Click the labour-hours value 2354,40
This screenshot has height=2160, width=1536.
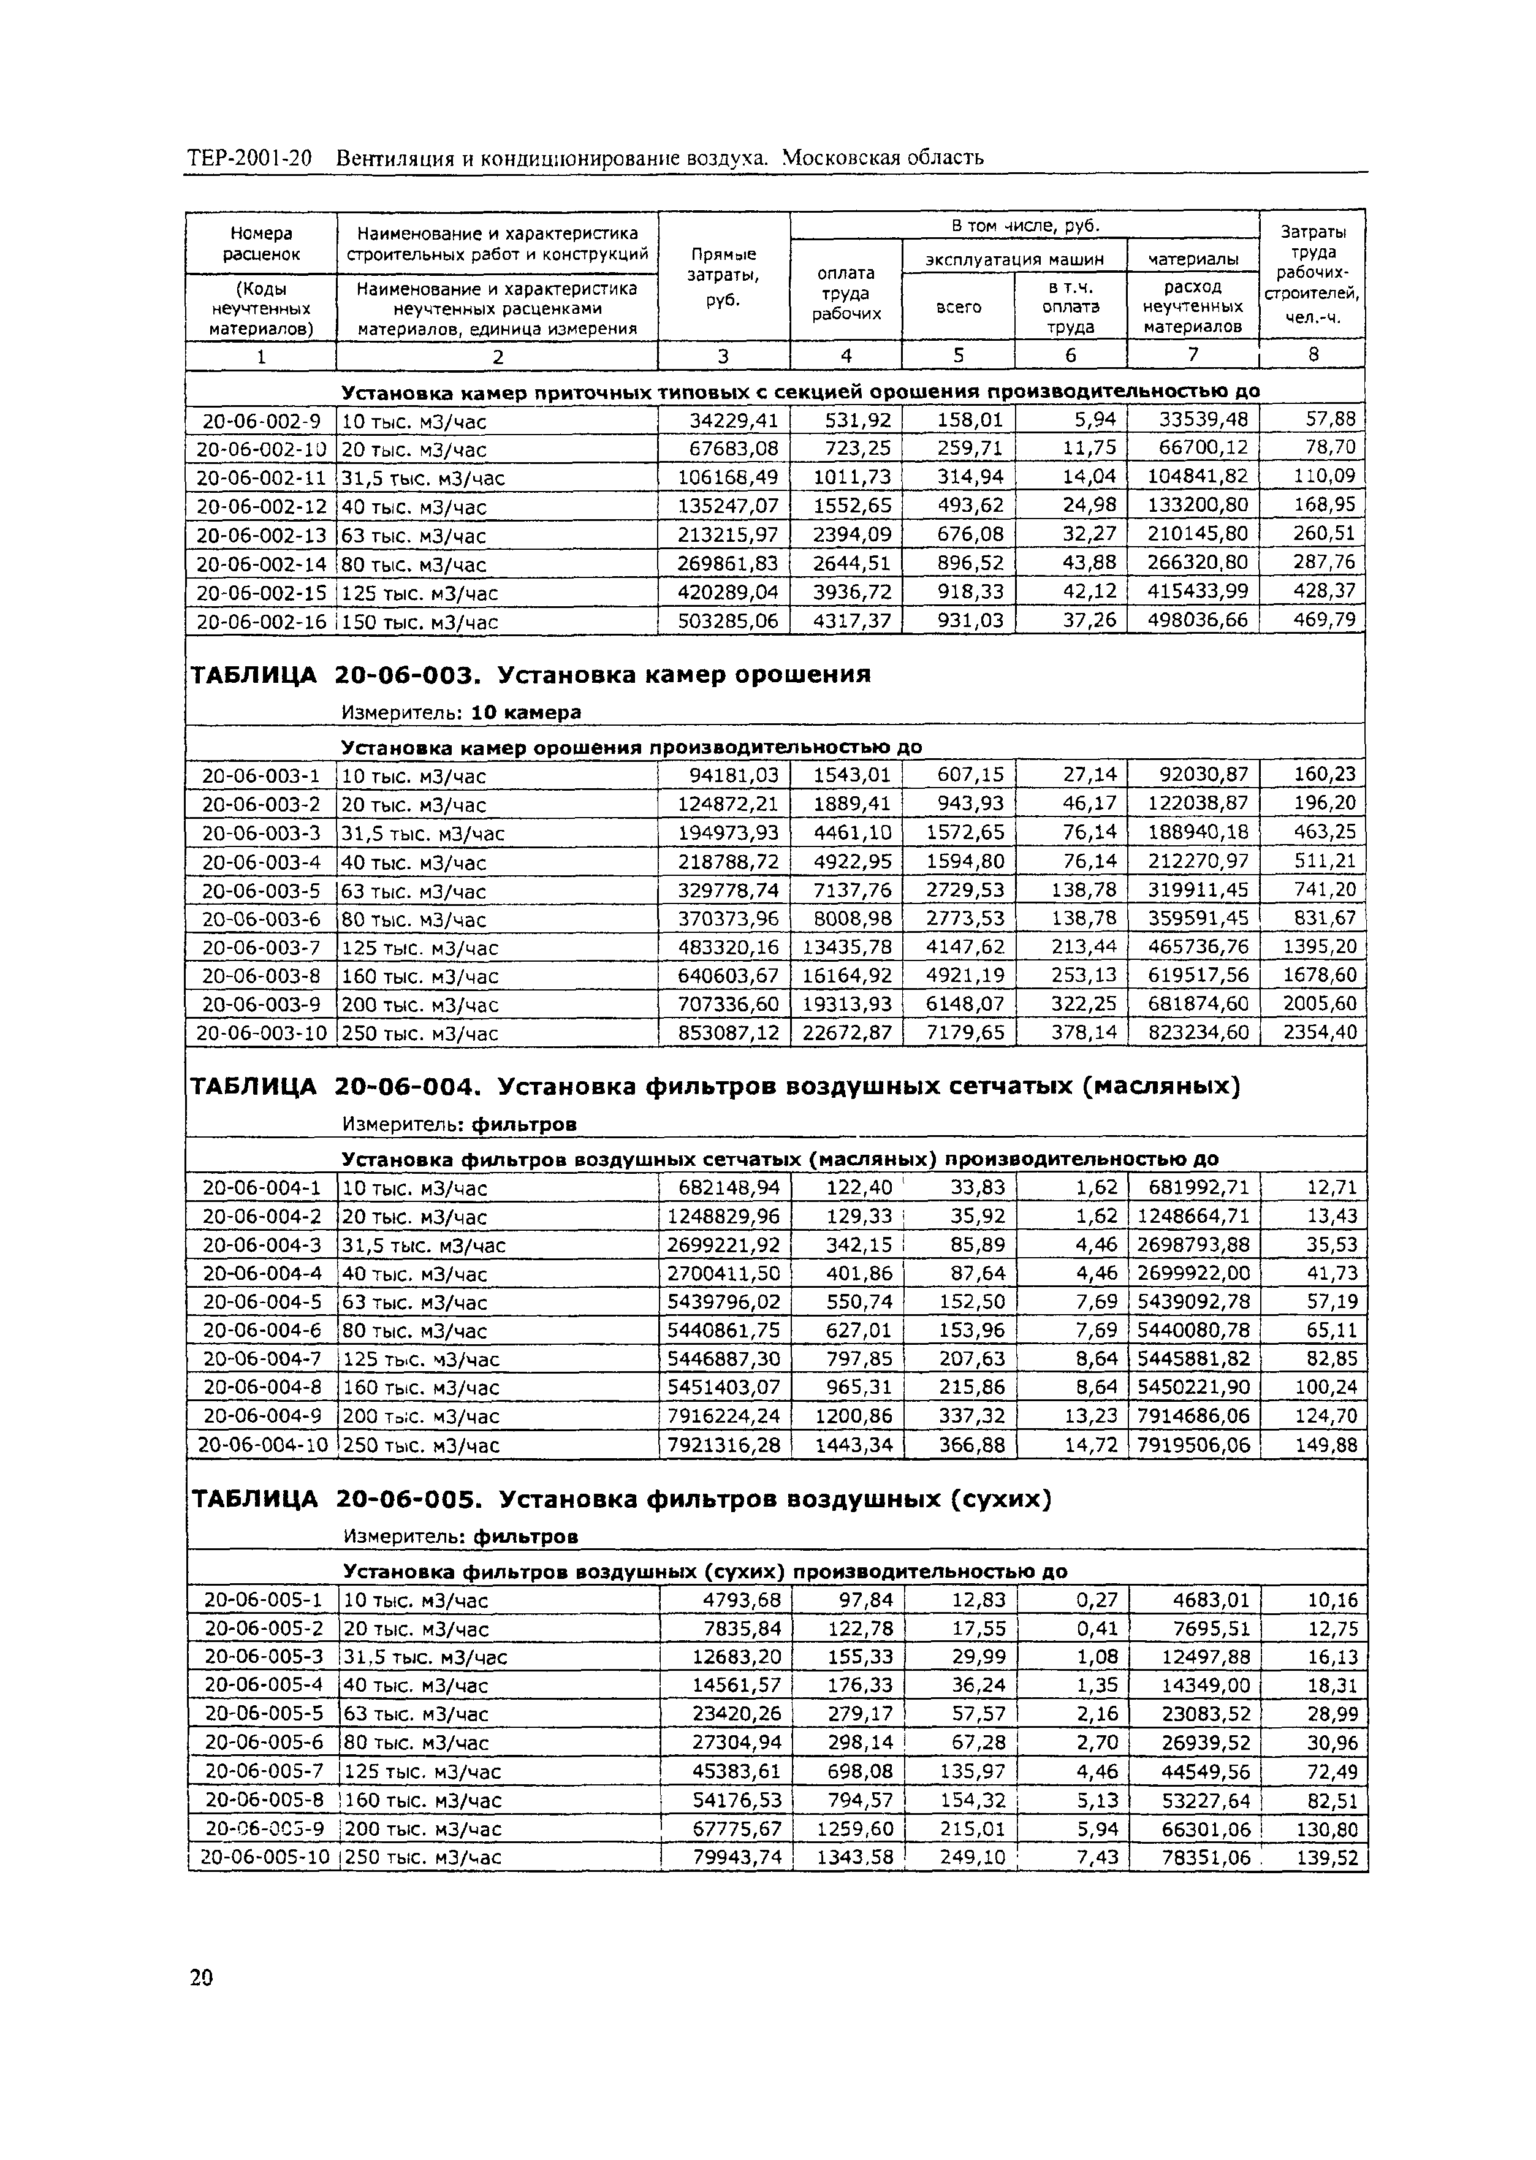click(1318, 1033)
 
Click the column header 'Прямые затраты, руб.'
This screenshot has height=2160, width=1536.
click(723, 276)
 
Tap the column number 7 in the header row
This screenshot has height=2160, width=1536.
click(1193, 355)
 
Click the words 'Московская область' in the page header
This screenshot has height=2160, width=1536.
click(883, 157)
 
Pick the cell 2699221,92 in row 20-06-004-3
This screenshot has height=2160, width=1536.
click(723, 1244)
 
